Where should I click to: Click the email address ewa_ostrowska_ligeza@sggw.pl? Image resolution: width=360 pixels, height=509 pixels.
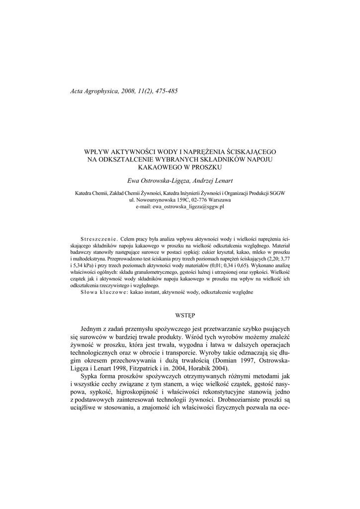pos(188,206)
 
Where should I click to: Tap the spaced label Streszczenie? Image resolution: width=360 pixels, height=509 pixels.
pos(98,239)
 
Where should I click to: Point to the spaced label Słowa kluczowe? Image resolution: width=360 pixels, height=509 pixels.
pos(103,293)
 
